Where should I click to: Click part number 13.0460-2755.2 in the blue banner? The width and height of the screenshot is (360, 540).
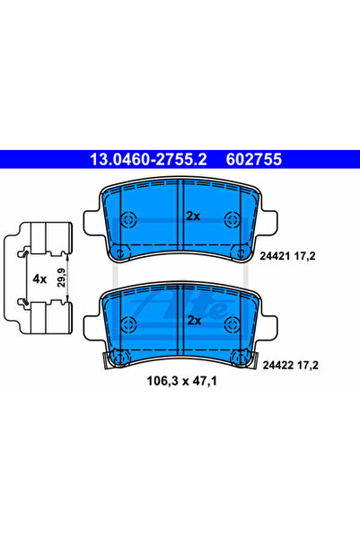coord(148,159)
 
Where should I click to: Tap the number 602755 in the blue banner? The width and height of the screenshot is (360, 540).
coord(254,159)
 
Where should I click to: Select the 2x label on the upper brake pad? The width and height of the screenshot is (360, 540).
coord(193,216)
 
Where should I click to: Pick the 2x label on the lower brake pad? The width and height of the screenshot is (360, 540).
coord(194,321)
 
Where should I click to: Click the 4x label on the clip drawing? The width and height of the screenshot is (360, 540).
coord(40,279)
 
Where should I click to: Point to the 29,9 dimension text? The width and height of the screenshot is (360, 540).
coord(61,279)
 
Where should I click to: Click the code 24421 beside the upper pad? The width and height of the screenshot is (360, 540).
coord(273,256)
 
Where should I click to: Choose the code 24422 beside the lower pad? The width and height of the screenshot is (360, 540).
coord(276,365)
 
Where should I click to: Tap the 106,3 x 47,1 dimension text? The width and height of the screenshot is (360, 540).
coord(181,381)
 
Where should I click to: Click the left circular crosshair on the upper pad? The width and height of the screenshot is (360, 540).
coord(129,218)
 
